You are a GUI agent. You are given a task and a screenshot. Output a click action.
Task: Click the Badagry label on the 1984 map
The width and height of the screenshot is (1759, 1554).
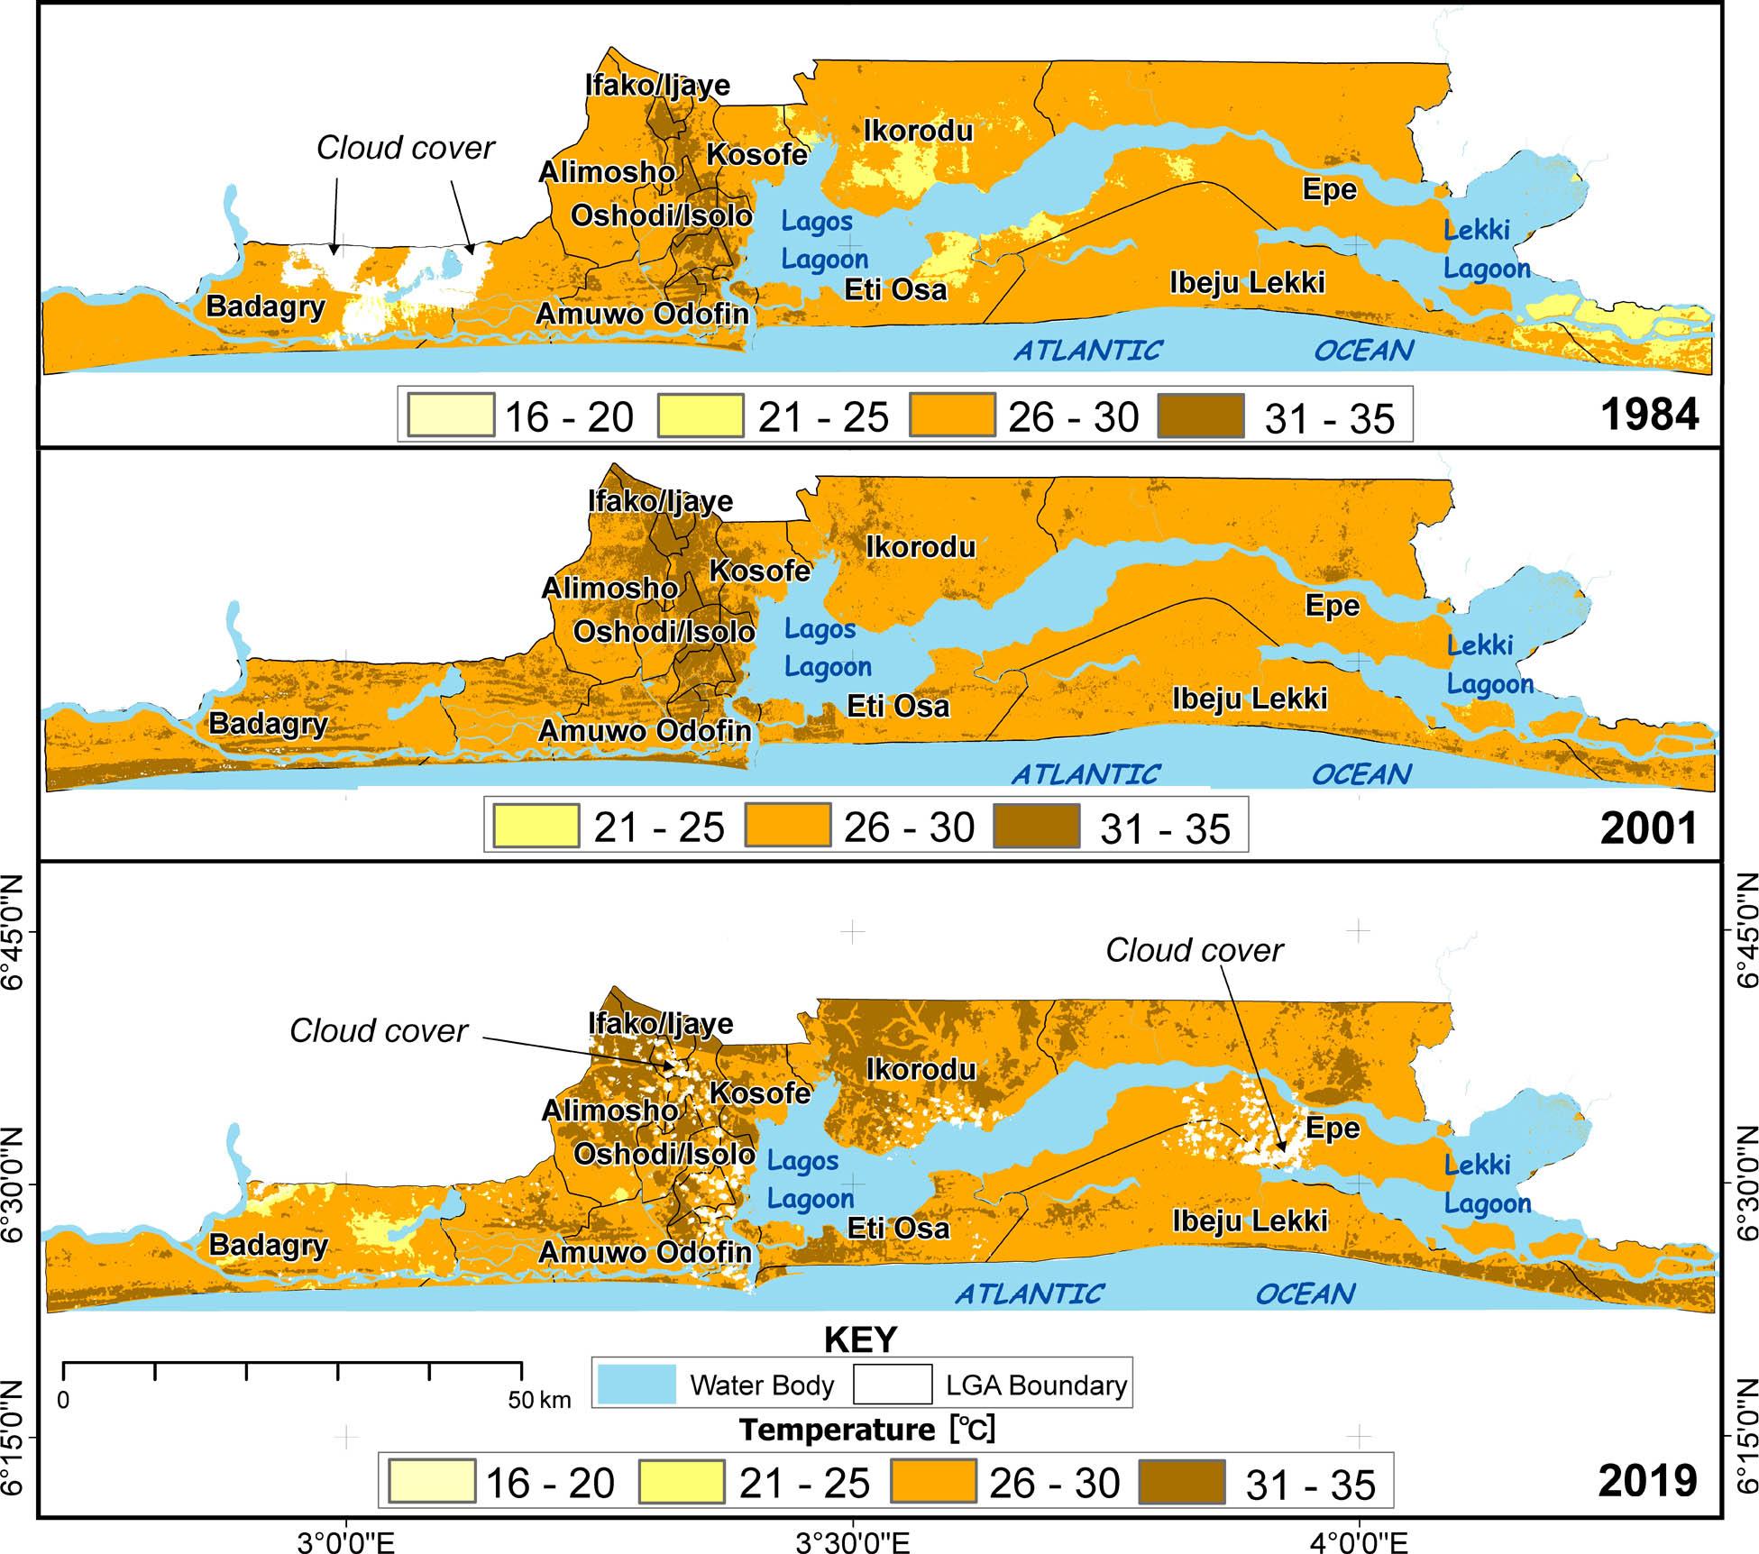click(x=265, y=306)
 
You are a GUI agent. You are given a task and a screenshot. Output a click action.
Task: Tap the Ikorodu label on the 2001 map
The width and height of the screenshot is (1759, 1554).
click(x=921, y=547)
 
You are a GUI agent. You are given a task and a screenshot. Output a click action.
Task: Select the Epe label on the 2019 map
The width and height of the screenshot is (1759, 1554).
click(x=1333, y=1129)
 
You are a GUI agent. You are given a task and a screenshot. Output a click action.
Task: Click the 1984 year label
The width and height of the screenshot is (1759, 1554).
click(x=1649, y=415)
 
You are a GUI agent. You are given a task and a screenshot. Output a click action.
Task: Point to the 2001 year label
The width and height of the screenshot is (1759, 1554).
click(x=1649, y=828)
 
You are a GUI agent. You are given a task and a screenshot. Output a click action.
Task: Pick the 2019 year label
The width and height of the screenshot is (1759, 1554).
click(x=1649, y=1481)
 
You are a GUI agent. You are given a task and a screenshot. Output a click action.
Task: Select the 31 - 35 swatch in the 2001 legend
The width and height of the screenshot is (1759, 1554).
click(x=1036, y=827)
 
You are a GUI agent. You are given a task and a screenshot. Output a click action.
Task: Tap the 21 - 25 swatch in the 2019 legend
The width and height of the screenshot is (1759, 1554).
click(x=681, y=1483)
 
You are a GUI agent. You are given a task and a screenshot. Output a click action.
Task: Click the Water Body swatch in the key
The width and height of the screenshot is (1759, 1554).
click(x=637, y=1385)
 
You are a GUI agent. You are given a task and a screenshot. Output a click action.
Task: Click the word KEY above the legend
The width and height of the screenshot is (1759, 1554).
click(x=861, y=1339)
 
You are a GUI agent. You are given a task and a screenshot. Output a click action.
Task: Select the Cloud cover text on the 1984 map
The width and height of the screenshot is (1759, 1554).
click(x=406, y=148)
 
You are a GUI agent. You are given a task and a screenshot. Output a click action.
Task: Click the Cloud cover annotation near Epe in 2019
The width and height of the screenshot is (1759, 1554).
click(x=1194, y=950)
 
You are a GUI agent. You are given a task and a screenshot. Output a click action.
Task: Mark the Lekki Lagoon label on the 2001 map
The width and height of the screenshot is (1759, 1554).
click(x=1489, y=665)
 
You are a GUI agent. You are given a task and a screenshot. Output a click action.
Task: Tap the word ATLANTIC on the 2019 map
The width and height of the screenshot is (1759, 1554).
click(x=1029, y=1294)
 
